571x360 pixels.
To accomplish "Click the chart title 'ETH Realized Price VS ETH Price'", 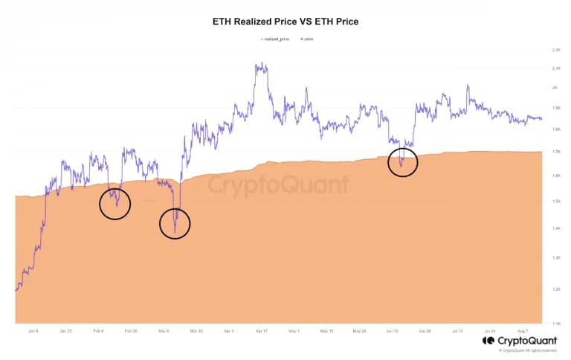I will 285,22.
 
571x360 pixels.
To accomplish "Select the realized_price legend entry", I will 277,39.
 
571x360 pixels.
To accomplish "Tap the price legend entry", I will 306,39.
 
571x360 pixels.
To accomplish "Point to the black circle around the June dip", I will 403,161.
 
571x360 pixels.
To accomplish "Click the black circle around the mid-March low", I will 175,223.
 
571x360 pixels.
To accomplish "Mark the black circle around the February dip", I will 114,203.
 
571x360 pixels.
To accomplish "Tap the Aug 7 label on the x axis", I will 522,330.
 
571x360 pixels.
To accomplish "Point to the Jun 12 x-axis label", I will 392,330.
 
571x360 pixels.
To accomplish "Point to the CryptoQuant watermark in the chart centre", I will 277,184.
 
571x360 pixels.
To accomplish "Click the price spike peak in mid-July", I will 468,86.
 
